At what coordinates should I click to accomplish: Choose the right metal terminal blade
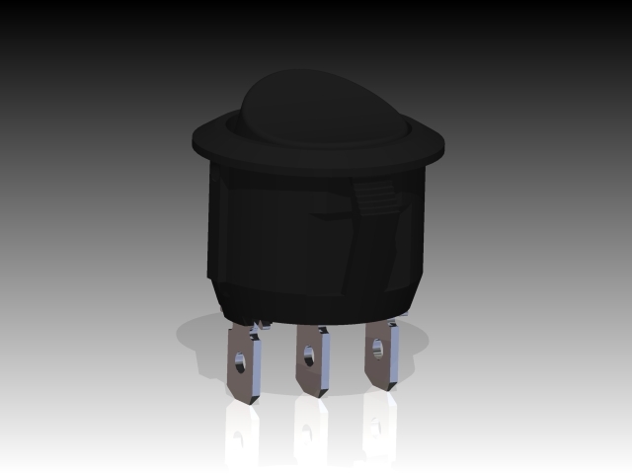click(381, 357)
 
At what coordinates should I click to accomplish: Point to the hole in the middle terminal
click(309, 350)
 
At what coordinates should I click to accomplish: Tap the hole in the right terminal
click(376, 346)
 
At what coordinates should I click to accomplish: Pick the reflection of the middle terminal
click(310, 432)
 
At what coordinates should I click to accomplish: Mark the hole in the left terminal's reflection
click(240, 442)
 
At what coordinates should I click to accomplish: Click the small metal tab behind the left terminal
click(264, 322)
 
